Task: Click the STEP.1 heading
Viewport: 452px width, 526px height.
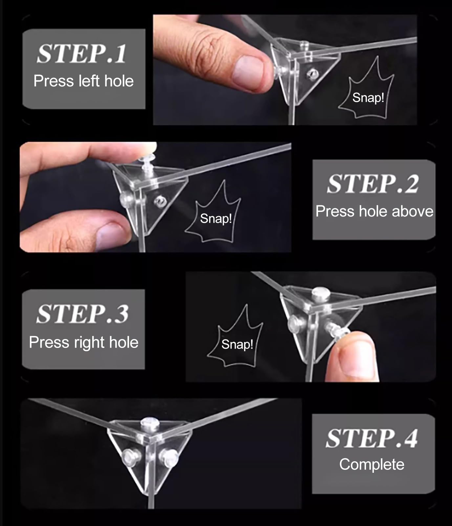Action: point(81,54)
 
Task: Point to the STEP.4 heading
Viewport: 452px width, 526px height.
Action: point(372,438)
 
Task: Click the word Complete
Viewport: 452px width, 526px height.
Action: point(372,464)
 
